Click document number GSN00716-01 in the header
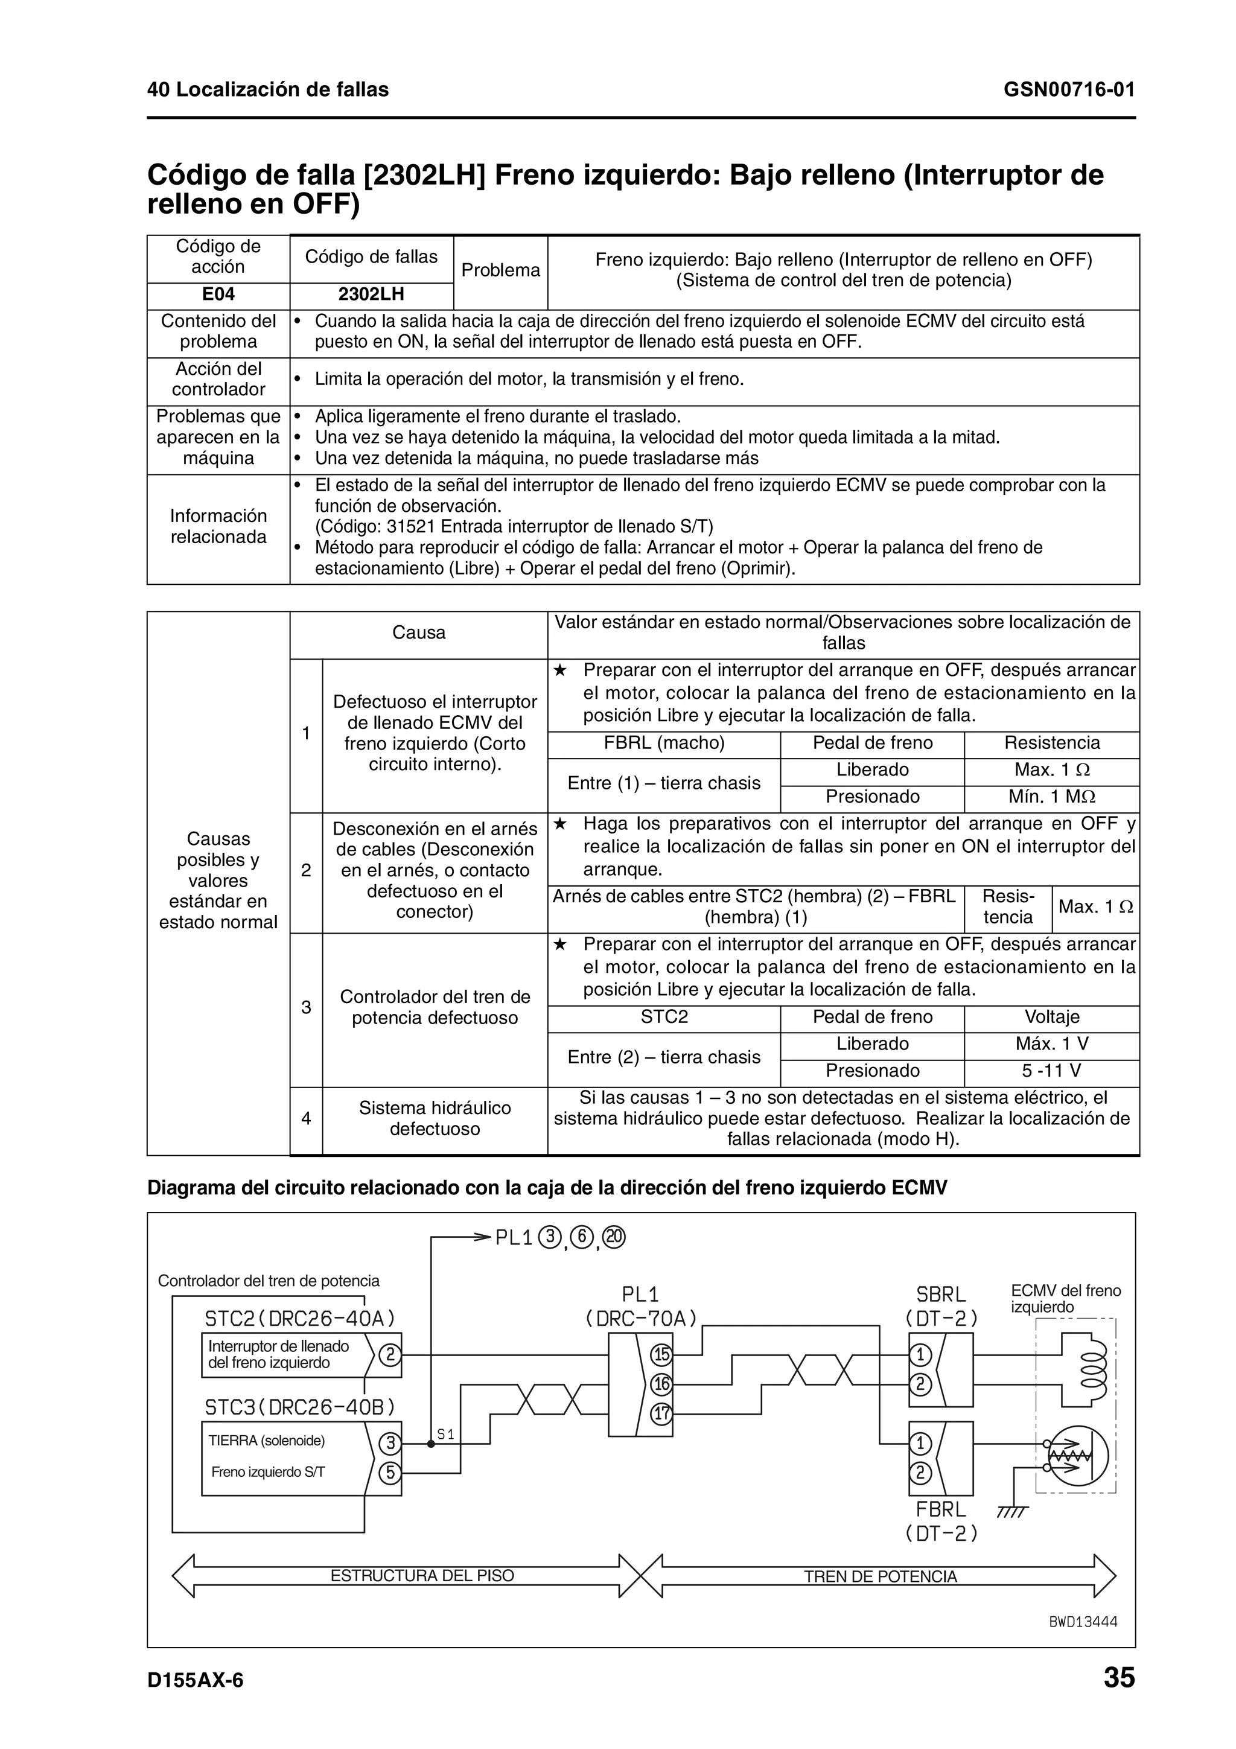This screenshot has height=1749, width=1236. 1068,90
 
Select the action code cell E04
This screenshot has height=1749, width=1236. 218,295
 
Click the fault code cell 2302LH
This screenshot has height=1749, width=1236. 371,295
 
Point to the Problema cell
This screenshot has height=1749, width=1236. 500,270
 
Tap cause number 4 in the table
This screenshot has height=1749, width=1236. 306,1118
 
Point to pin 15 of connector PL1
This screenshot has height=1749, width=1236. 661,1354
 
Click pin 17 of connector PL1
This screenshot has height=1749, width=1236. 661,1414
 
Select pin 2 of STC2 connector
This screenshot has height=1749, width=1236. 390,1355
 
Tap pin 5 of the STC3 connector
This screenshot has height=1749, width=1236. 390,1473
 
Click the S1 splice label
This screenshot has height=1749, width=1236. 445,1435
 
